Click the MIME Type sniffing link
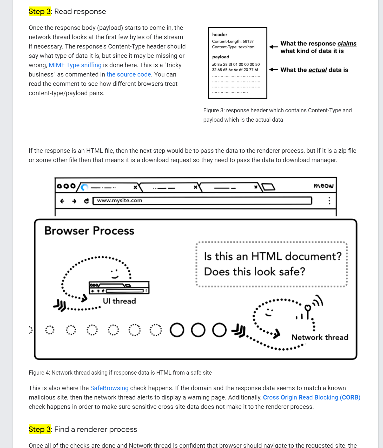[75, 65]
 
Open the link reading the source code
[129, 74]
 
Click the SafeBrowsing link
[109, 388]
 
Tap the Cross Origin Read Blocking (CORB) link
[311, 397]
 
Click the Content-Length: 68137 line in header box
[233, 42]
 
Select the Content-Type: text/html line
[233, 47]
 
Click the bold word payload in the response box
[221, 57]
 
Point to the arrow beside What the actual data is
[273, 70]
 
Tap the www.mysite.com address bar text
[120, 201]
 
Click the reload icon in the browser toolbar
[87, 201]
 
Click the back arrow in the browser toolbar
[62, 201]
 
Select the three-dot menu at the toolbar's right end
[329, 201]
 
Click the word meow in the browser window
[323, 185]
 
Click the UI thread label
[119, 301]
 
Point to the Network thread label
[320, 337]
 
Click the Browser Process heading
[89, 231]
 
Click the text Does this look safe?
[254, 272]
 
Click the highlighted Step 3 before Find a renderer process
[40, 429]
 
